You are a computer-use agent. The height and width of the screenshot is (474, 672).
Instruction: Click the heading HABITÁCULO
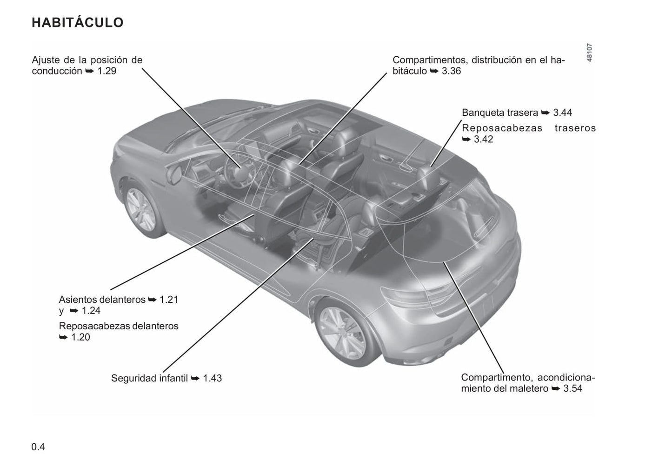tap(77, 22)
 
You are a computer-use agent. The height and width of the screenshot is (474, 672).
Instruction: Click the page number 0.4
tap(38, 447)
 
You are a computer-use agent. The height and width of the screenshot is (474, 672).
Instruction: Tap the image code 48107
tap(590, 53)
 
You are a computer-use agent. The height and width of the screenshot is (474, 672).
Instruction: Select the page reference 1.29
tap(107, 71)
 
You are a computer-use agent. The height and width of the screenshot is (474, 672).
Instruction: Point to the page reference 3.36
tap(451, 71)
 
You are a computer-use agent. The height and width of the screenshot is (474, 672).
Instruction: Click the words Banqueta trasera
tap(500, 113)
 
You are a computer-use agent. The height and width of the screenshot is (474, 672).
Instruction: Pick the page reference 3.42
tap(483, 139)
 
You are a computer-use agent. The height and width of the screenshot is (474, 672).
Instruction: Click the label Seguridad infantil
tap(149, 378)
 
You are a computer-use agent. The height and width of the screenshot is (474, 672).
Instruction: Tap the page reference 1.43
tap(213, 378)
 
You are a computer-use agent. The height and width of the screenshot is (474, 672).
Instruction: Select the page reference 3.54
tap(572, 388)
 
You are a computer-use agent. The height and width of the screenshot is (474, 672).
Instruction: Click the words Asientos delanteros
tap(102, 300)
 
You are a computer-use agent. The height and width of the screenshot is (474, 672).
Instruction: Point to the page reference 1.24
tap(91, 311)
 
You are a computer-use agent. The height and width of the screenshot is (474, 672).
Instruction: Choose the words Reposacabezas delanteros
tap(119, 326)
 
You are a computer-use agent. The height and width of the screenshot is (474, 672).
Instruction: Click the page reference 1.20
tap(80, 337)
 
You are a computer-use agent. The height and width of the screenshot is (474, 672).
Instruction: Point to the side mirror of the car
tap(175, 174)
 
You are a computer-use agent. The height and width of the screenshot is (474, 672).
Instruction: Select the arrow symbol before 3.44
tap(546, 113)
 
